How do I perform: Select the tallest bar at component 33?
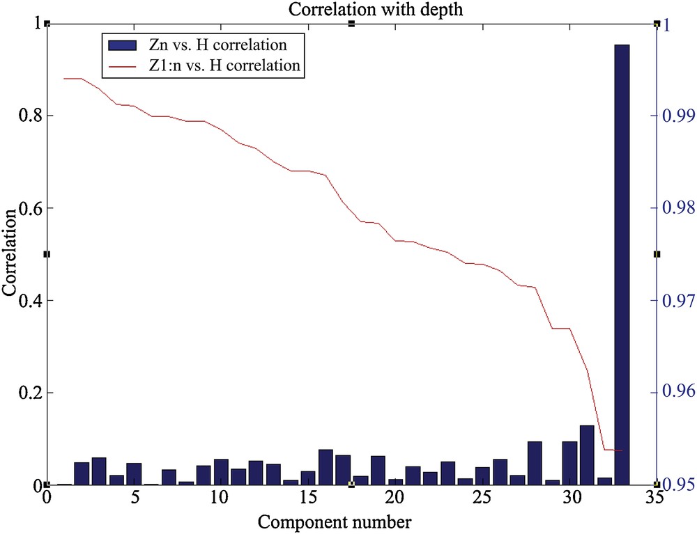coord(622,265)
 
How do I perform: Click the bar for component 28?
coord(535,463)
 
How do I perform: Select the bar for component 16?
coord(325,467)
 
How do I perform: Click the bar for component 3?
coord(99,471)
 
